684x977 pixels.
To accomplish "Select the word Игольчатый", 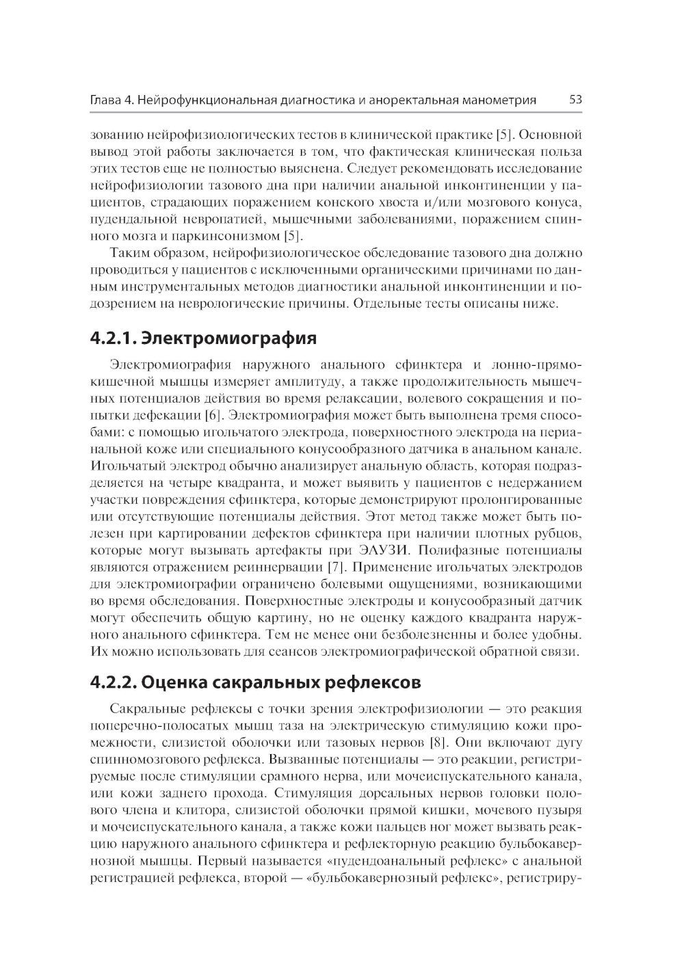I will point(129,466).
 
